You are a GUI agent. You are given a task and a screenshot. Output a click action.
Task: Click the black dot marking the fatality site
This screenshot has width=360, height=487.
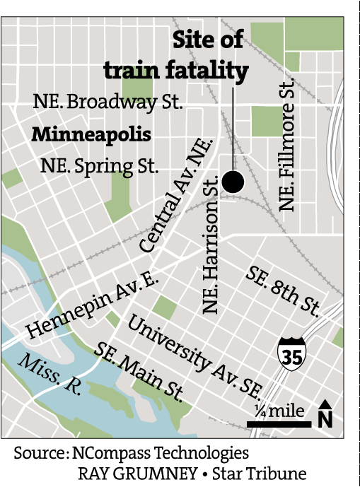(233, 182)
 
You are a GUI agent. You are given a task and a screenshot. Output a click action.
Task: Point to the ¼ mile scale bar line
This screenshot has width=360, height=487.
(279, 424)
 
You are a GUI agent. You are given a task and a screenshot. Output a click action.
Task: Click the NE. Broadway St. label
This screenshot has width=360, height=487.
(108, 102)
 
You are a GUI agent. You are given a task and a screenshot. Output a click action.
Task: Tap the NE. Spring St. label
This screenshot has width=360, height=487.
(99, 168)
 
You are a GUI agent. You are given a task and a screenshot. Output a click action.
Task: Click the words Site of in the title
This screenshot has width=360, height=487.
(208, 40)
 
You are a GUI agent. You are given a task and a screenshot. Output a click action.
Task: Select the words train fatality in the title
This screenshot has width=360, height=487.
(176, 70)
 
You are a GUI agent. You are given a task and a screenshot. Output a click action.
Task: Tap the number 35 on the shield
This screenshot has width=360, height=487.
(291, 358)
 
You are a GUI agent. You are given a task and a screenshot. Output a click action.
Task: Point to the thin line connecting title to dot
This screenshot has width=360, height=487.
(233, 127)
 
